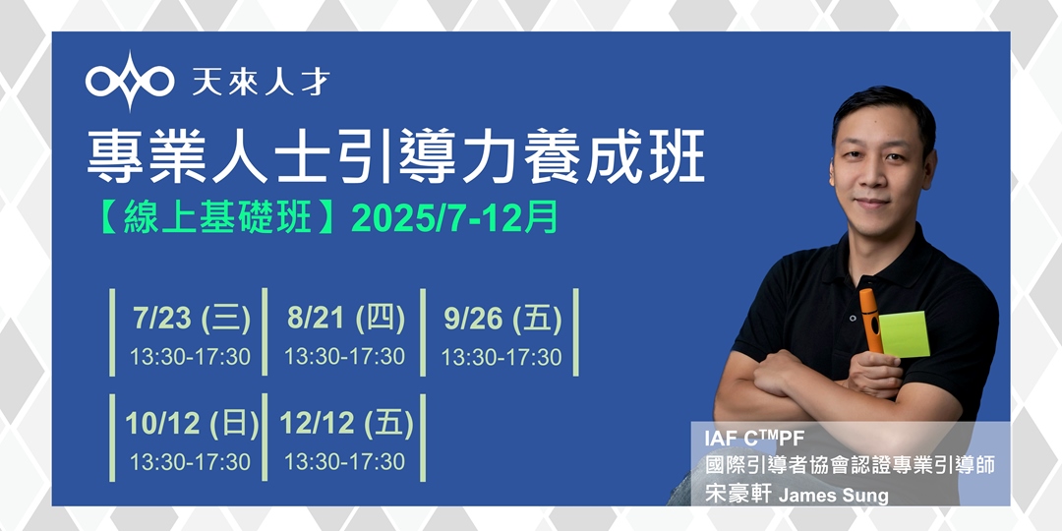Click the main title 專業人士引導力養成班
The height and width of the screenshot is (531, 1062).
(395, 158)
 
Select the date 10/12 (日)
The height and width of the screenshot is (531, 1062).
(192, 423)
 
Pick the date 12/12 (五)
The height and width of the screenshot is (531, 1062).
(346, 423)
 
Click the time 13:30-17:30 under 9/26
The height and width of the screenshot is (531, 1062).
(501, 357)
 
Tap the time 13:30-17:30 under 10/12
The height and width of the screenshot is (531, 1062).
(191, 461)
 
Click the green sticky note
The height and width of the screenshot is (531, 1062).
(905, 333)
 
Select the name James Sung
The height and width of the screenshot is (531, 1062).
(833, 494)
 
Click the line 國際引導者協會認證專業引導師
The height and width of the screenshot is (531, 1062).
(850, 464)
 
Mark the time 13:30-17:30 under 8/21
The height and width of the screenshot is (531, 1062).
(345, 356)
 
